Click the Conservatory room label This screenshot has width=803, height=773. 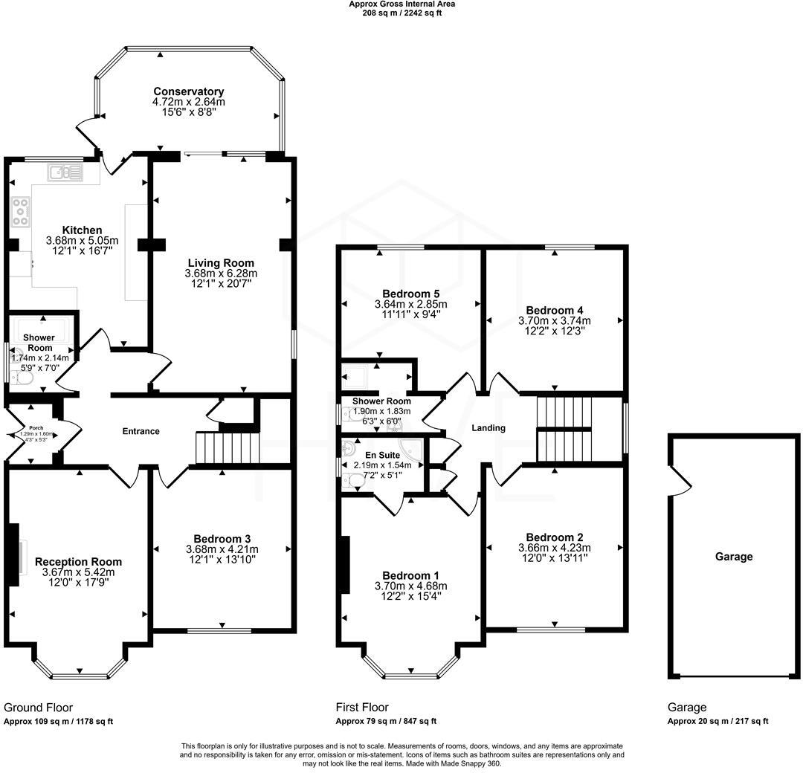point(188,91)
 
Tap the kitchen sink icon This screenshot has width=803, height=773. point(65,172)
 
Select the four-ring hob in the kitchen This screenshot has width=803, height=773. point(21,212)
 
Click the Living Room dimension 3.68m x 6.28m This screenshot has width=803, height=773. point(221,274)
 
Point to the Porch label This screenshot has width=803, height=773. point(36,428)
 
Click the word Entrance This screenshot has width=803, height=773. point(141,432)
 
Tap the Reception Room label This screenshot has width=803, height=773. point(78,562)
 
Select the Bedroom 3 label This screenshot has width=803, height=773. point(222,539)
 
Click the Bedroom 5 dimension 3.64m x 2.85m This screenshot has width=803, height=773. point(410,304)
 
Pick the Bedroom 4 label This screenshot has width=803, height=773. point(555,310)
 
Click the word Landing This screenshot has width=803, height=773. point(488,428)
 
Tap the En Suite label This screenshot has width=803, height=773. point(383,455)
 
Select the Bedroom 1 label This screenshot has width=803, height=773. point(410,575)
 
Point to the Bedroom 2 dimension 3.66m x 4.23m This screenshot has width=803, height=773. point(555,548)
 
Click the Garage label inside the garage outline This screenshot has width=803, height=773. point(734,557)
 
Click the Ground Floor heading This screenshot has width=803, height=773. point(39,708)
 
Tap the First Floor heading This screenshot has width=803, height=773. point(362,708)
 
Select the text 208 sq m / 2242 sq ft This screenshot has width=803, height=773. point(402,13)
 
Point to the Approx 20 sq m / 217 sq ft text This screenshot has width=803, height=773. point(718,721)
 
